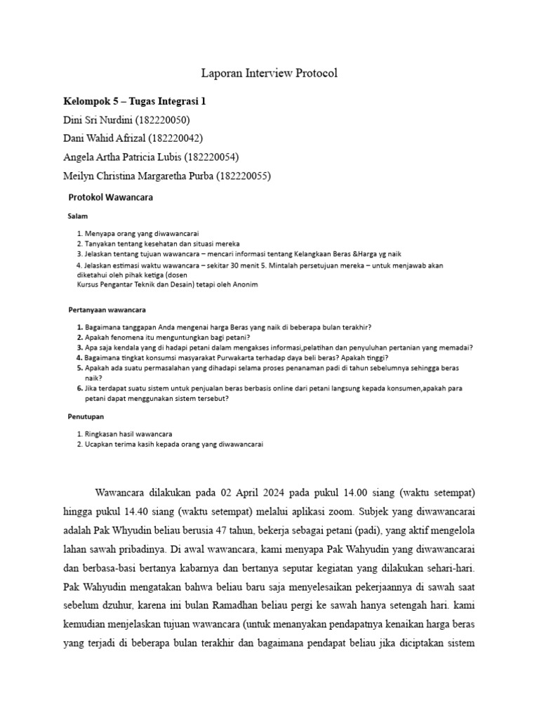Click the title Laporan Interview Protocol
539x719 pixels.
tap(269, 73)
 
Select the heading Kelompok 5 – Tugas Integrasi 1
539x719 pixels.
tap(135, 101)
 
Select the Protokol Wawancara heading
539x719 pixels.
tap(110, 197)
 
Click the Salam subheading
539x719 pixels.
tap(78, 216)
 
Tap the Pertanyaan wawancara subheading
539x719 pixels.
tap(107, 309)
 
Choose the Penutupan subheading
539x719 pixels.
tap(86, 416)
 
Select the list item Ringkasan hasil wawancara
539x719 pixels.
tap(129, 434)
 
